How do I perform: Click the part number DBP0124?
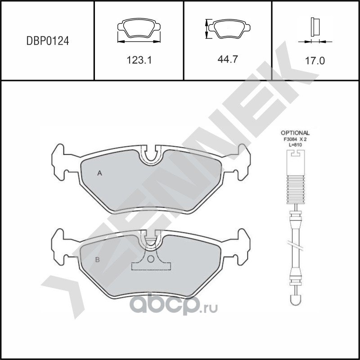click(x=48, y=41)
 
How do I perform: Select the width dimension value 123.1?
click(x=139, y=60)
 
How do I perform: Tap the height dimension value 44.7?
click(x=228, y=59)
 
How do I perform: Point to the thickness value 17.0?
click(x=315, y=61)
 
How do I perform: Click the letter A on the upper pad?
click(x=99, y=173)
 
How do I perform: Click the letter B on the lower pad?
click(x=97, y=260)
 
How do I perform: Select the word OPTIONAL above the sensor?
click(x=295, y=133)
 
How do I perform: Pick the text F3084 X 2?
click(x=295, y=139)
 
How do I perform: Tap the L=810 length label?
click(x=295, y=145)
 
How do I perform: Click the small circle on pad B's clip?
click(x=151, y=259)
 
